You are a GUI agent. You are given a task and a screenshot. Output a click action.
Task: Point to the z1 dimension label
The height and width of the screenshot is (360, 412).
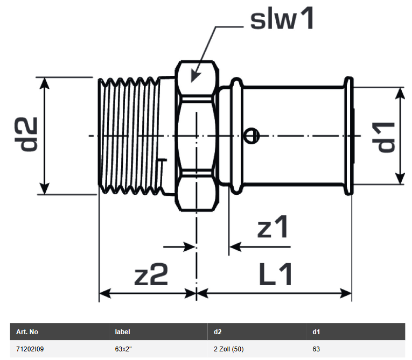pos(273,228)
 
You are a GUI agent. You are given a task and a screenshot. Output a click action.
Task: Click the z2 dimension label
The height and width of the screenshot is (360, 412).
pos(151,276)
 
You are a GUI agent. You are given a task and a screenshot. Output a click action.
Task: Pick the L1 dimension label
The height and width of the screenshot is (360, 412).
pos(276,276)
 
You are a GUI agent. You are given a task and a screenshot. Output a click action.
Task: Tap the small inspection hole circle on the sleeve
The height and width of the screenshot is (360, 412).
pos(250,137)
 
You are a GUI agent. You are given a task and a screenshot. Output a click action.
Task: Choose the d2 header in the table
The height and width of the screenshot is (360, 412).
pos(218,332)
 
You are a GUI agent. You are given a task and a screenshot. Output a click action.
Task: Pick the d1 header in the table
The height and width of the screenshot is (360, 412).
pos(316,332)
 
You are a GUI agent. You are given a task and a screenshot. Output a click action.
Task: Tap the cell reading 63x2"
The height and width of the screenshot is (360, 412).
pos(124,349)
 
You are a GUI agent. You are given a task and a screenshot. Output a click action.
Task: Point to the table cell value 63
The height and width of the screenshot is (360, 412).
pos(316,349)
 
